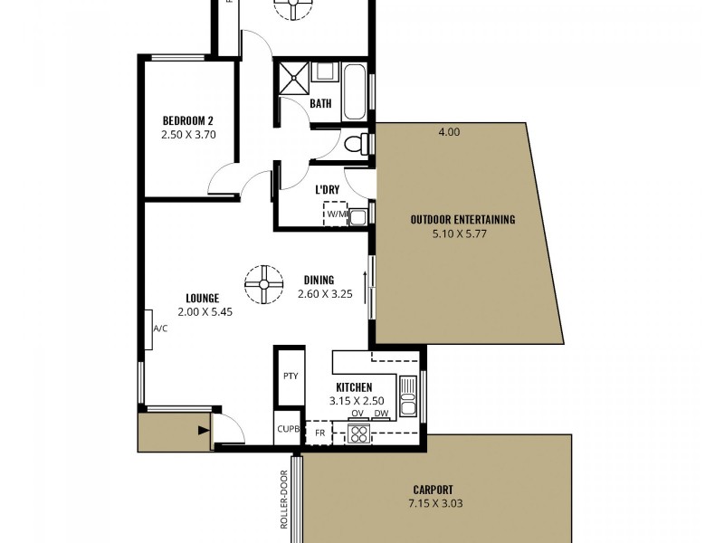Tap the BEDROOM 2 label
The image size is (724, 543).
[x=188, y=121]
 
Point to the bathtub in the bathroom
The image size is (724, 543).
[x=354, y=90]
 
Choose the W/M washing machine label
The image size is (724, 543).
[x=337, y=214]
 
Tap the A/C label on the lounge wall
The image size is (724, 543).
[x=160, y=329]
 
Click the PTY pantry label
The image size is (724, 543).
[x=291, y=376]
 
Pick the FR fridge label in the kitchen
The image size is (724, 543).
[x=319, y=433]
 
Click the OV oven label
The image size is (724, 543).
[x=357, y=414]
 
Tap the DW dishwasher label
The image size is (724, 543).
[x=381, y=414]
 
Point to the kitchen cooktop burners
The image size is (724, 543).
[x=359, y=433]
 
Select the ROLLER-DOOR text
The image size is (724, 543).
[x=283, y=500]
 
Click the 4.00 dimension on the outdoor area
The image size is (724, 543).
[x=449, y=132]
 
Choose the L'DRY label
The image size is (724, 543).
[x=327, y=190]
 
